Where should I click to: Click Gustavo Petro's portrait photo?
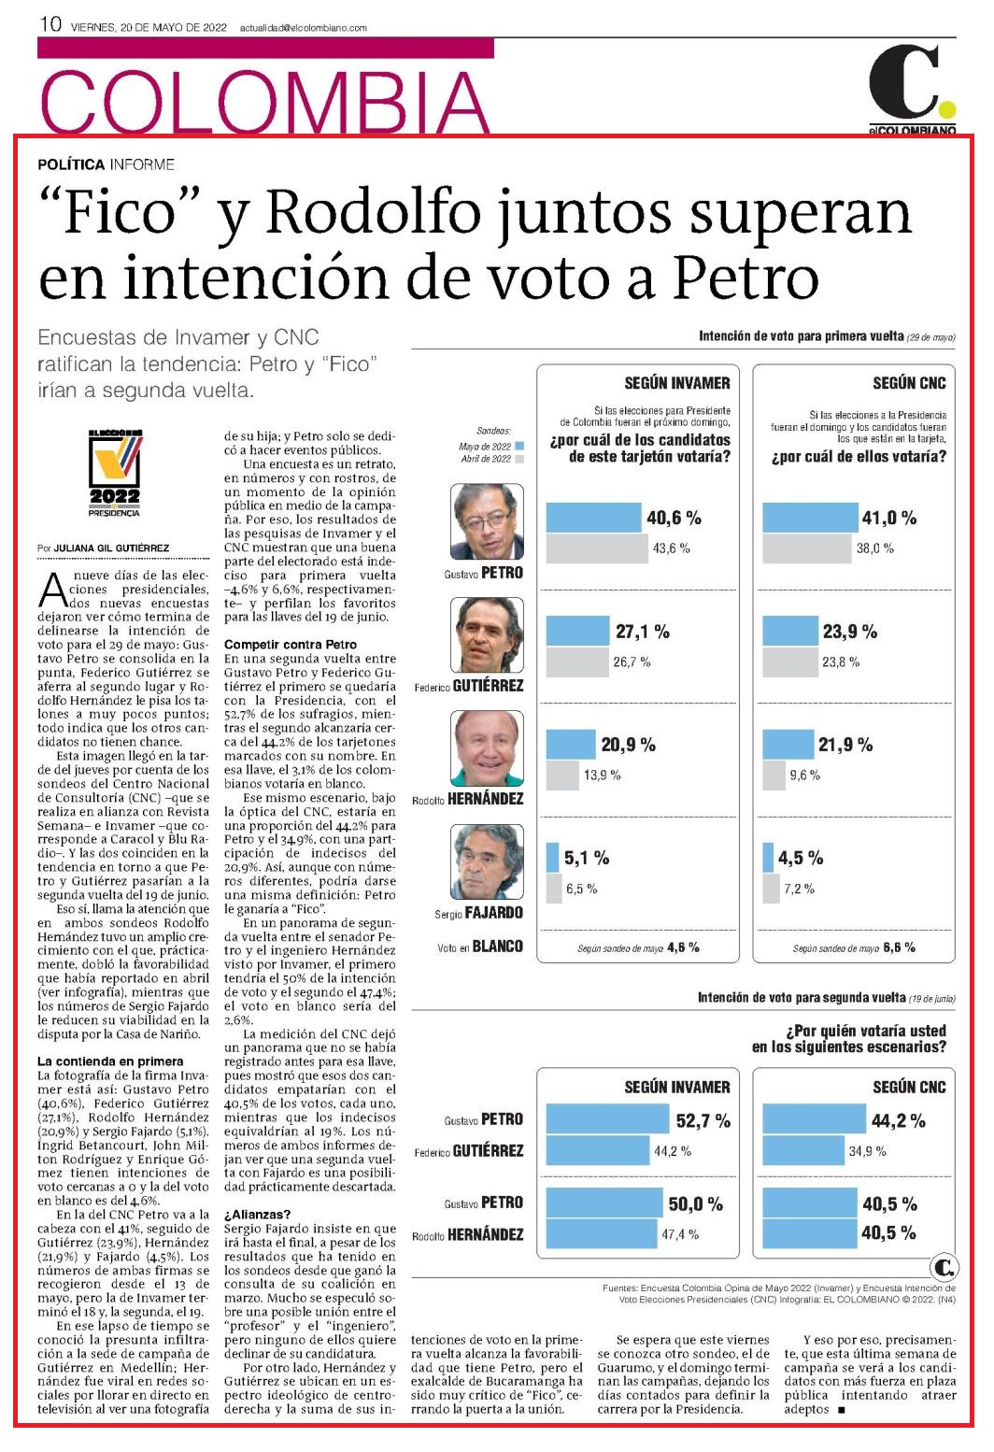tap(487, 521)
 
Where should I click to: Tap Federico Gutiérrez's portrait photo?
tap(487, 634)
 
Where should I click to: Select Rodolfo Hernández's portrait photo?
tap(487, 748)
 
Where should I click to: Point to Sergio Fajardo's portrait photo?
tap(487, 861)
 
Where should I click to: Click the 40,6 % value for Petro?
tap(674, 518)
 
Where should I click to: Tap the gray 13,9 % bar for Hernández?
tap(562, 776)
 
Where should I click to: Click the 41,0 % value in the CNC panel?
tap(889, 518)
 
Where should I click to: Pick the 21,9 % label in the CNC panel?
tap(845, 745)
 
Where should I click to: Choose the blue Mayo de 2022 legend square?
tap(519, 446)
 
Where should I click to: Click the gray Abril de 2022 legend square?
tap(519, 458)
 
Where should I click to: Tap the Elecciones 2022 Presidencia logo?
tap(115, 474)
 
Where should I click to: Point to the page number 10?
tap(50, 24)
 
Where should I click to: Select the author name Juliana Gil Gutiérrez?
tap(111, 548)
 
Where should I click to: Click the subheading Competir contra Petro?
tap(291, 645)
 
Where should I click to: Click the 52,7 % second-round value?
tap(703, 1120)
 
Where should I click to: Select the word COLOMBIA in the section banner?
tap(264, 101)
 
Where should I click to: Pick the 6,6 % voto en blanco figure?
tap(900, 947)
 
